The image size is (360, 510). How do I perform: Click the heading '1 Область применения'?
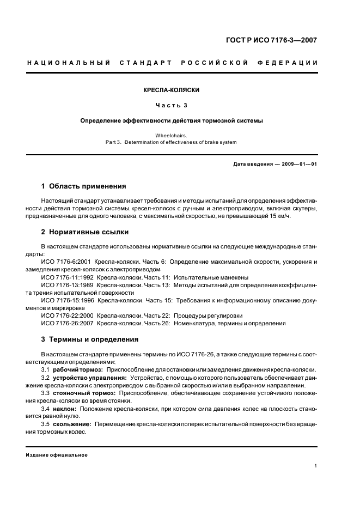[84, 186]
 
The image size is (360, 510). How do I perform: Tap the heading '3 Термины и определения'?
[90, 339]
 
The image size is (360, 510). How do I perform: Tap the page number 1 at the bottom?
[316, 466]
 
